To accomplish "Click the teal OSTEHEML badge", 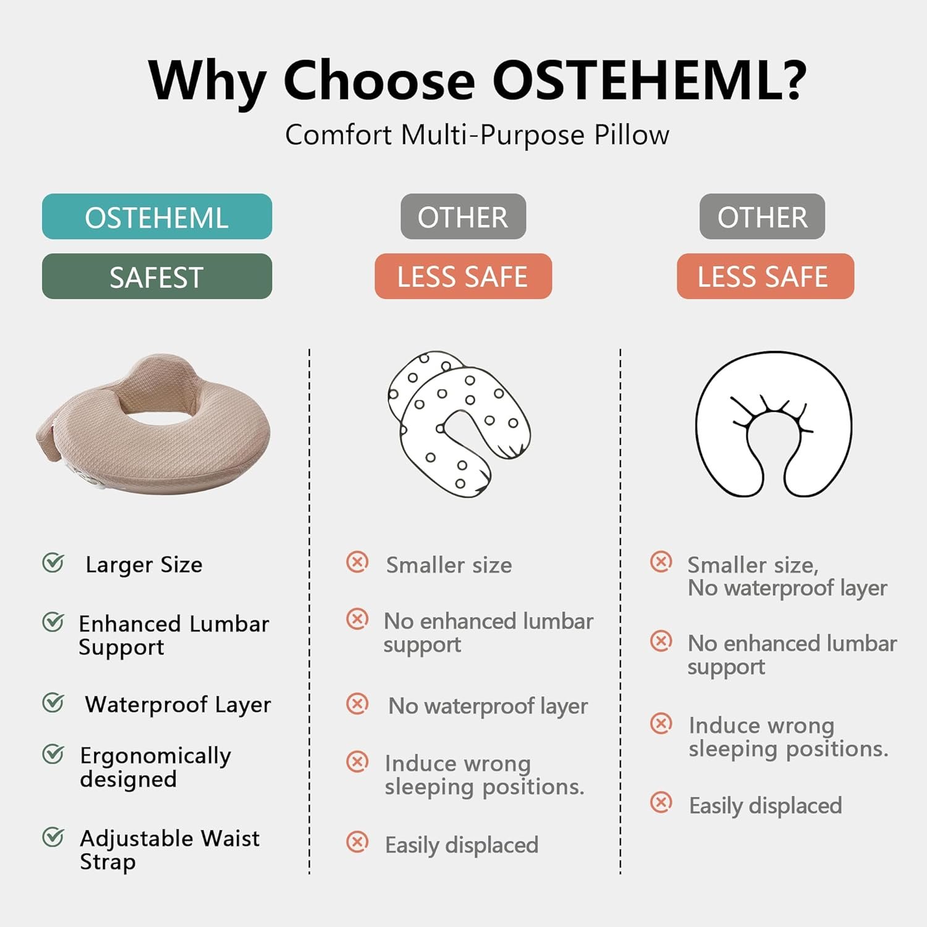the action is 157,216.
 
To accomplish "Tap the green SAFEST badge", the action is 157,276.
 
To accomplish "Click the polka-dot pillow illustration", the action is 459,425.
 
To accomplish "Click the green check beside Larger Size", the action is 53,562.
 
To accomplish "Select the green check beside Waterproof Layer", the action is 53,702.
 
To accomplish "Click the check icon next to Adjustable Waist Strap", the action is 53,837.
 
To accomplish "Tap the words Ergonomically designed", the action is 155,767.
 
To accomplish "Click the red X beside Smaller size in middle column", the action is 357,562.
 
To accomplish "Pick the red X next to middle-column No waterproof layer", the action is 357,703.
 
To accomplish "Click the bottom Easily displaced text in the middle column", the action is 462,845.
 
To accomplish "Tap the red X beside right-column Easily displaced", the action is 661,802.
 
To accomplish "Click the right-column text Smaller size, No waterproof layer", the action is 787,577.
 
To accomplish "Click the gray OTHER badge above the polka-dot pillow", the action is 463,216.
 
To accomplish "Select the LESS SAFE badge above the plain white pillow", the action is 765,276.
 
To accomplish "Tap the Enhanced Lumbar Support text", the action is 174,635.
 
